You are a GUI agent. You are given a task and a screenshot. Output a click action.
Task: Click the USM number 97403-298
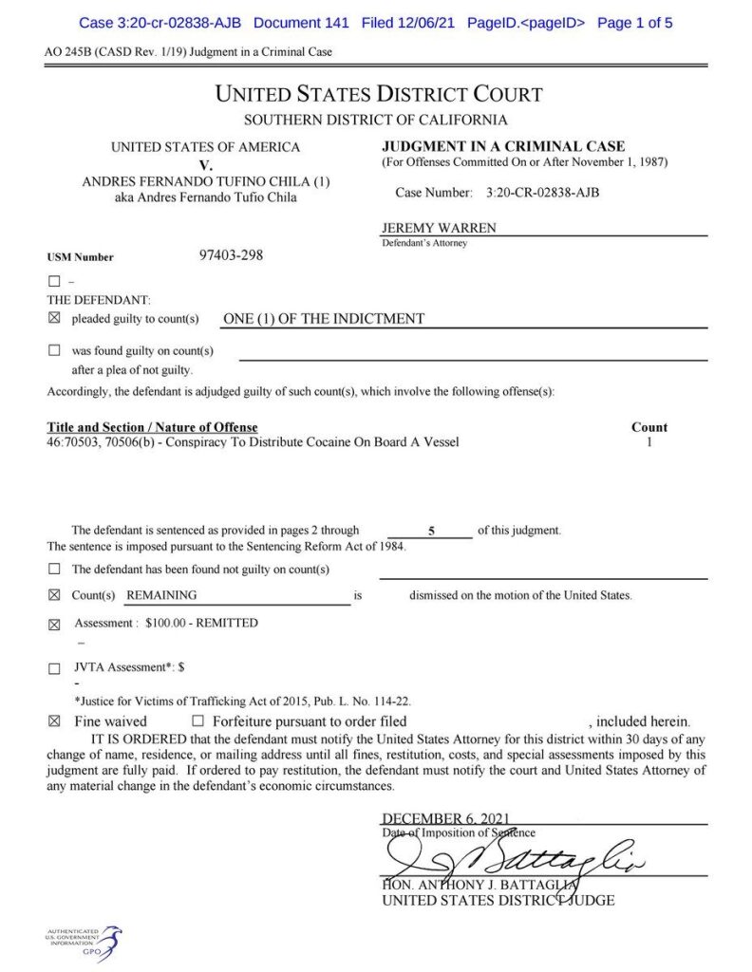click(x=231, y=255)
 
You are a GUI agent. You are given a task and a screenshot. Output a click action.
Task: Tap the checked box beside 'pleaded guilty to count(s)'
click(x=54, y=319)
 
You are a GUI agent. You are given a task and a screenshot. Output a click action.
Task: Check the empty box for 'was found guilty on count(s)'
click(x=54, y=351)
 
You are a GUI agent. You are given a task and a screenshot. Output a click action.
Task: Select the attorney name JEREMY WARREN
click(x=439, y=229)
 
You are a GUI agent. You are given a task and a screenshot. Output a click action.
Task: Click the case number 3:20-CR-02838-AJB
click(x=542, y=193)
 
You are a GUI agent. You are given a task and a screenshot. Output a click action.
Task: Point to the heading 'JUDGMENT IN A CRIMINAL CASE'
click(x=503, y=146)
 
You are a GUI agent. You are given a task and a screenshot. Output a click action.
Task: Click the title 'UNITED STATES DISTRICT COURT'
click(x=379, y=94)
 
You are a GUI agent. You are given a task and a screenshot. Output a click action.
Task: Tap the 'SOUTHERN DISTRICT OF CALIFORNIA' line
click(x=375, y=121)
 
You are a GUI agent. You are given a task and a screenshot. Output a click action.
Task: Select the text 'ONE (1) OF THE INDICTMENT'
click(x=323, y=319)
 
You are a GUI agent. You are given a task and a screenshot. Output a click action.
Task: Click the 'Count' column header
click(x=649, y=427)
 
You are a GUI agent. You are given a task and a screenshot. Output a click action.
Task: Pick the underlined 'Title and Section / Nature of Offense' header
click(x=152, y=427)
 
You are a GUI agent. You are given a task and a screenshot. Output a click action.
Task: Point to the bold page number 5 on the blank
click(x=431, y=532)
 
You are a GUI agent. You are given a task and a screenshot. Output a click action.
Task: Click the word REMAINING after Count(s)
click(x=162, y=595)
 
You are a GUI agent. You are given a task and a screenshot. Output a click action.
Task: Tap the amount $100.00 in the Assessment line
click(x=169, y=623)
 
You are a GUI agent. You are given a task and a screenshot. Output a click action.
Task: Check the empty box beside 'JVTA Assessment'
click(x=54, y=668)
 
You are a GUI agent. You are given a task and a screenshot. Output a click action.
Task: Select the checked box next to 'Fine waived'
click(x=54, y=722)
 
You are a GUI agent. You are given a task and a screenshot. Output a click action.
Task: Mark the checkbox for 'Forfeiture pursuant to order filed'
click(x=198, y=721)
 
